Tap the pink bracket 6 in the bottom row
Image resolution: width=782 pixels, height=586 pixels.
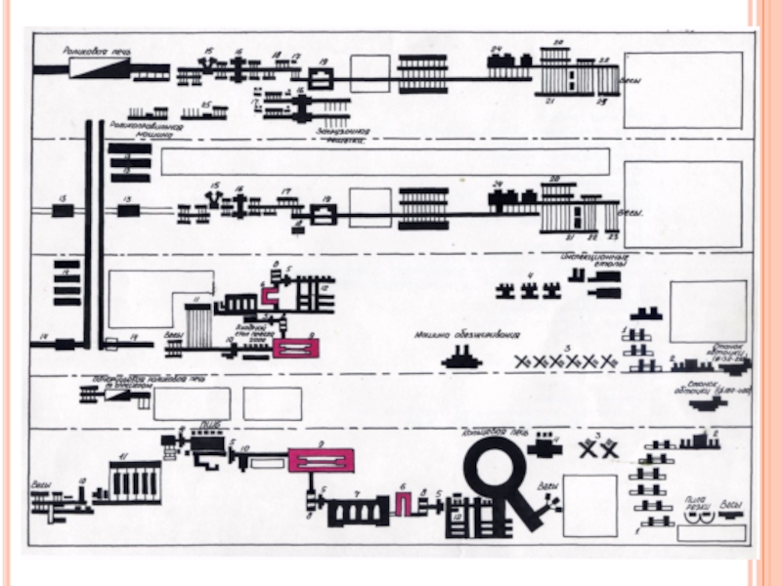pyautogui.click(x=403, y=504)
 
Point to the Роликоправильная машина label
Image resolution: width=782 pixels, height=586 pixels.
pyautogui.click(x=143, y=131)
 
